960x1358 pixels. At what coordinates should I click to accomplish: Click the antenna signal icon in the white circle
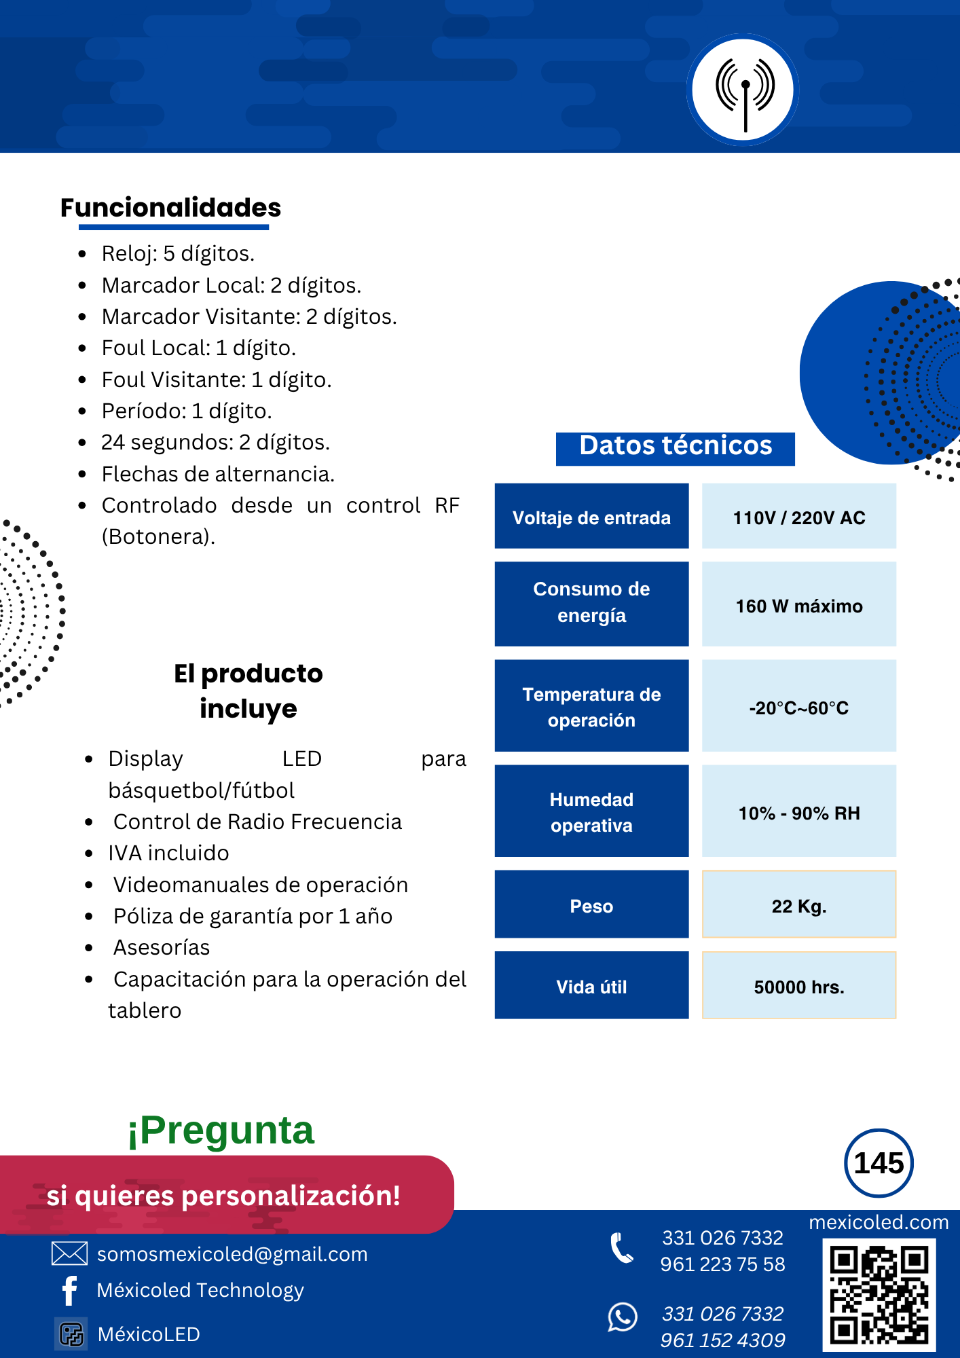point(744,90)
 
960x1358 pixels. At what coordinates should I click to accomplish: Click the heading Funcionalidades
point(170,208)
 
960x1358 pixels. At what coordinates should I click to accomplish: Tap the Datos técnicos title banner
point(676,447)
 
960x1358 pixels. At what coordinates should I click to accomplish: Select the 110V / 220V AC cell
point(798,517)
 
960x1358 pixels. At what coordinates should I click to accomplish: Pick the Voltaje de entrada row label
point(591,517)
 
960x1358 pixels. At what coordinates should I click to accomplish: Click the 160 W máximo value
point(798,606)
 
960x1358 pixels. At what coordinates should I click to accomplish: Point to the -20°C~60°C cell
point(798,708)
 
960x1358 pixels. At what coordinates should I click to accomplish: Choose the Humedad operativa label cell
point(591,812)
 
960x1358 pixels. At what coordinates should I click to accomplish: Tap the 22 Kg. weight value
point(798,906)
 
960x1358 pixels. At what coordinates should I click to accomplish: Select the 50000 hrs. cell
point(798,987)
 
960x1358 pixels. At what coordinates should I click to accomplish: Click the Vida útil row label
point(591,987)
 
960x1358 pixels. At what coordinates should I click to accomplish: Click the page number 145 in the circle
point(879,1163)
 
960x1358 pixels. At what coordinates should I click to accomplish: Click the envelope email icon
point(69,1253)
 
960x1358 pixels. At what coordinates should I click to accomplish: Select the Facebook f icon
point(69,1290)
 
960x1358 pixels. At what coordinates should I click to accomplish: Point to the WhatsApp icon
point(623,1317)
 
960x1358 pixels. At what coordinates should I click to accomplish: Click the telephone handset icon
point(622,1248)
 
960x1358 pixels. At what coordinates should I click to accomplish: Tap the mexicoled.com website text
point(879,1222)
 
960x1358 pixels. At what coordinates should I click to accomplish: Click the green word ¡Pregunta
point(221,1131)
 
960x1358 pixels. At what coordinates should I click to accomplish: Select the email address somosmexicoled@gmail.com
point(232,1254)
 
